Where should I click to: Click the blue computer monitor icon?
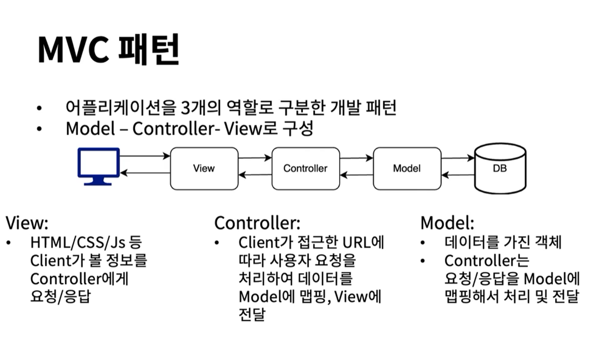[x=99, y=165]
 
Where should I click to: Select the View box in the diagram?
[x=204, y=169]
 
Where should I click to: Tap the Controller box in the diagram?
[x=305, y=169]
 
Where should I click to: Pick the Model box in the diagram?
[x=407, y=169]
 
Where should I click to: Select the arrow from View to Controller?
[x=255, y=158]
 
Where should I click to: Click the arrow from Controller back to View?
[x=255, y=175]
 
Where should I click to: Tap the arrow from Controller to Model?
[x=357, y=158]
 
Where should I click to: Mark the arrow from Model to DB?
[x=458, y=158]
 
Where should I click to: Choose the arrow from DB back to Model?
[x=458, y=175]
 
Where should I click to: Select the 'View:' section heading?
[x=27, y=223]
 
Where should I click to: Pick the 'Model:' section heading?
[x=447, y=223]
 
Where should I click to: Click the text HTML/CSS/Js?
[x=79, y=243]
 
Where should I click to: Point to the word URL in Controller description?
[x=355, y=243]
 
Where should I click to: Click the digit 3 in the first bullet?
[x=186, y=108]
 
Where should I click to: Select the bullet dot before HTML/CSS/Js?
[x=9, y=243]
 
